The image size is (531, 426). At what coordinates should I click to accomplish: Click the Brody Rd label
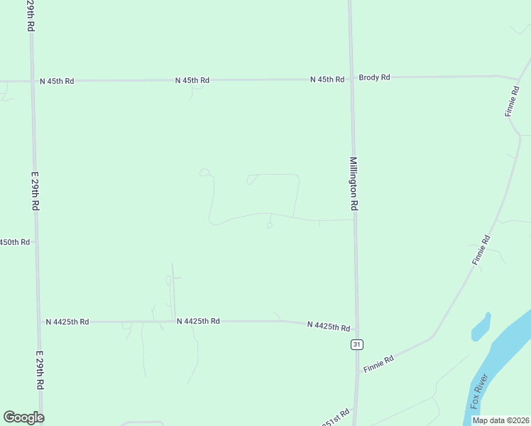click(374, 77)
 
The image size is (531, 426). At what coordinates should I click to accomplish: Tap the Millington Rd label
click(354, 183)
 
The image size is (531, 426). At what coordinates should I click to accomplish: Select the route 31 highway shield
click(356, 344)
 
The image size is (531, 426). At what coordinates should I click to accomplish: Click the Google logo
click(23, 417)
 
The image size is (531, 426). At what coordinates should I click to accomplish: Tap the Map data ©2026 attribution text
click(500, 420)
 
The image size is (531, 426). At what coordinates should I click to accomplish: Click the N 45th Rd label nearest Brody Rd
click(327, 80)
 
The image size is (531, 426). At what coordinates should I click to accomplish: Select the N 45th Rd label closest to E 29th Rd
click(57, 81)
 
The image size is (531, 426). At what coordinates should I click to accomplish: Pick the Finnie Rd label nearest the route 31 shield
click(378, 364)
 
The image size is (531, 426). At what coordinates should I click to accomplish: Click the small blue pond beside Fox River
click(481, 326)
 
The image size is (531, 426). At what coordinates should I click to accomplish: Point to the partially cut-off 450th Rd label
click(14, 242)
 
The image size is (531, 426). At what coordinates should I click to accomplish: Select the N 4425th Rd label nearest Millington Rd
click(329, 327)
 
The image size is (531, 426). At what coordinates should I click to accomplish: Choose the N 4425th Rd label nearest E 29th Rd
click(67, 322)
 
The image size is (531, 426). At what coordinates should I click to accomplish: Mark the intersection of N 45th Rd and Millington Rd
click(351, 79)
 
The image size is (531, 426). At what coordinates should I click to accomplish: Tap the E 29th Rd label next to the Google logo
click(40, 369)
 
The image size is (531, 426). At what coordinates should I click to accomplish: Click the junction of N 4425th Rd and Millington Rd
click(356, 329)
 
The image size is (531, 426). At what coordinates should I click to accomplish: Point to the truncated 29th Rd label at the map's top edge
click(31, 14)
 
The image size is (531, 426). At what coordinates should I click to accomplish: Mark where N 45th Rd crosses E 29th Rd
click(32, 81)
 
